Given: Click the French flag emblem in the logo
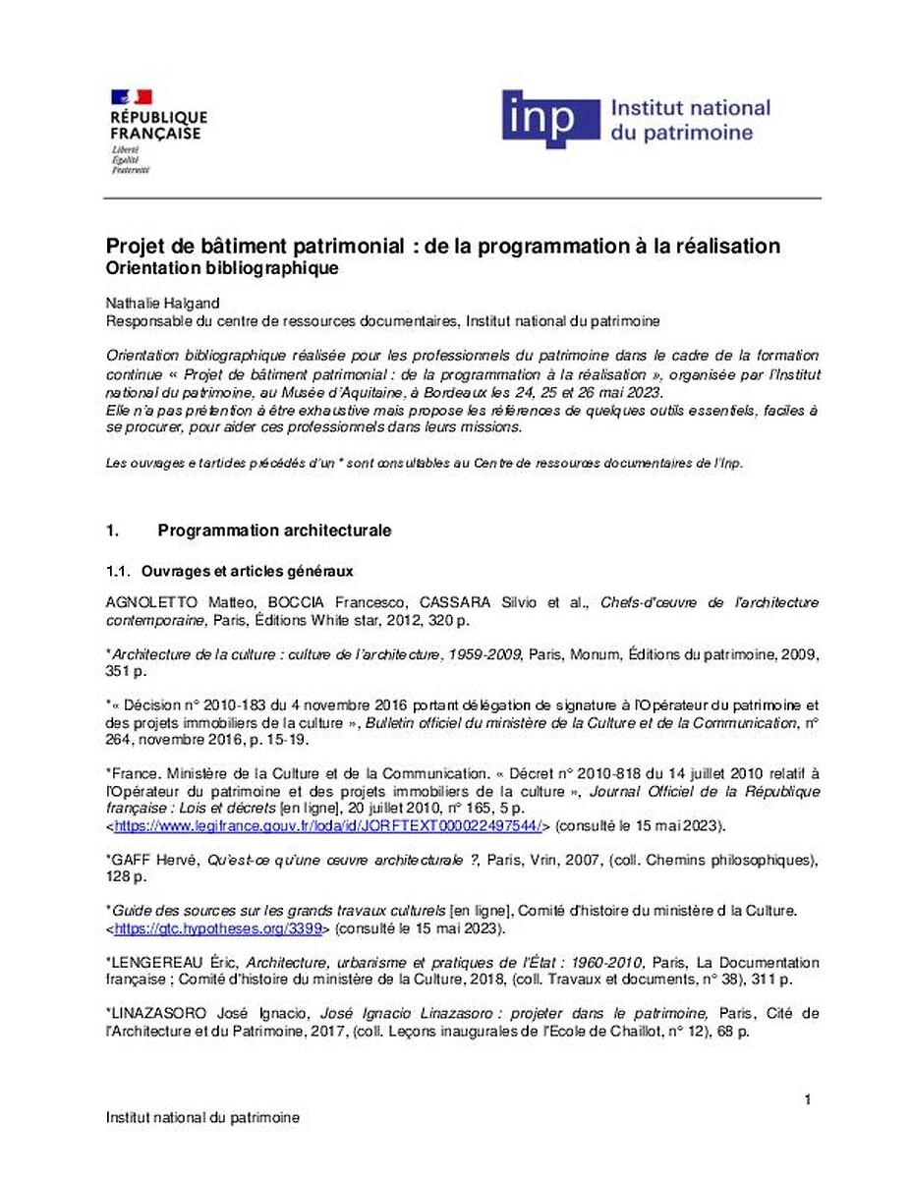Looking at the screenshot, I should click(x=132, y=96).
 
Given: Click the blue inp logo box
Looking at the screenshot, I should click(x=550, y=120).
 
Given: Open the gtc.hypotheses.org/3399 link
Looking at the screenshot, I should click(x=222, y=926).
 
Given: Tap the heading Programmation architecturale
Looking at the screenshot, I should click(x=274, y=531).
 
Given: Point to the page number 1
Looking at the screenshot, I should click(x=807, y=1099).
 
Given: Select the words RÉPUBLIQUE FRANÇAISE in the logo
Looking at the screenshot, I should click(x=158, y=125).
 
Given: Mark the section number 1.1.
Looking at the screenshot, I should click(x=118, y=570).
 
